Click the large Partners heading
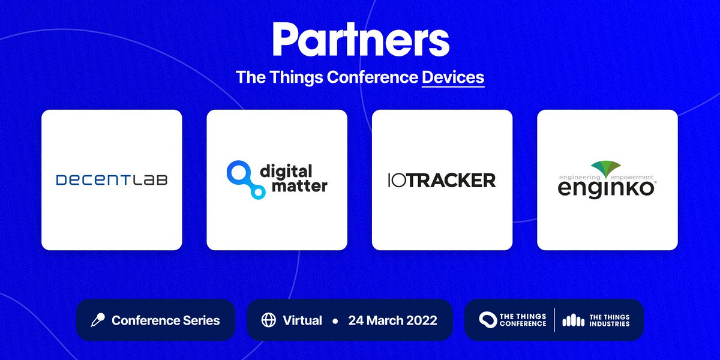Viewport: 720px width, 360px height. point(360,41)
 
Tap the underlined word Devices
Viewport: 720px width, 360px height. point(453,77)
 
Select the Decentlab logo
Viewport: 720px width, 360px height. point(112,179)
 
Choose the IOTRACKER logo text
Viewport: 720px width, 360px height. point(442,179)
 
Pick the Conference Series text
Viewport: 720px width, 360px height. point(166,320)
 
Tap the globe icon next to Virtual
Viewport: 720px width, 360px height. point(268,320)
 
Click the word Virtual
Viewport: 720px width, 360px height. point(302,320)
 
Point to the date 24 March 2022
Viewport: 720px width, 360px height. point(392,320)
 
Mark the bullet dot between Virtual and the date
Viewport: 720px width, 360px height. point(335,321)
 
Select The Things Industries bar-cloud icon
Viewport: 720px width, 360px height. point(573,320)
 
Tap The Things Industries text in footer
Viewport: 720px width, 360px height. point(609,320)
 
